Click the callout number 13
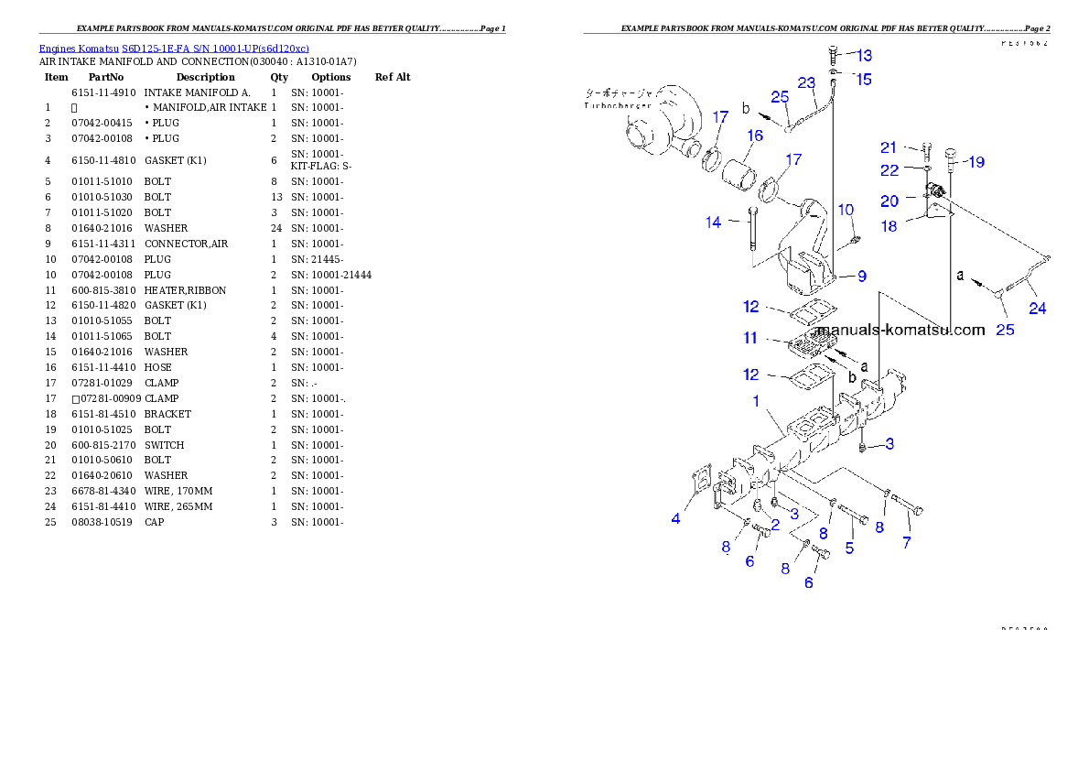click(x=864, y=56)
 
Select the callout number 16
click(x=754, y=136)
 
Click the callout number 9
click(x=861, y=276)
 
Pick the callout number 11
click(x=750, y=338)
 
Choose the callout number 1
click(x=757, y=401)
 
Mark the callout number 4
click(x=675, y=518)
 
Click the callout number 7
click(x=906, y=543)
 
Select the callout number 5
click(x=849, y=548)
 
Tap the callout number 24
click(x=1037, y=309)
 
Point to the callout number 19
click(x=976, y=162)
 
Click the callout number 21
click(x=889, y=147)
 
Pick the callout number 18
click(x=889, y=226)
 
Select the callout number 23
click(x=805, y=82)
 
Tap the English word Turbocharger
click(x=618, y=106)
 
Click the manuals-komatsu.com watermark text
click(x=900, y=330)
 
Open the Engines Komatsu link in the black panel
click(x=174, y=48)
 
